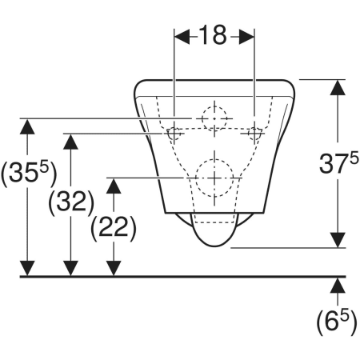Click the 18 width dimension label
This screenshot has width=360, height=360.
click(x=213, y=35)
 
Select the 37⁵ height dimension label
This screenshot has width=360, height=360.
click(x=338, y=163)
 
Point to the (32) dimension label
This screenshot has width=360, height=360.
click(x=71, y=202)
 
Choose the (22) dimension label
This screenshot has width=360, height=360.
click(x=114, y=228)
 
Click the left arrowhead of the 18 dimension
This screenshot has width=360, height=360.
click(x=182, y=37)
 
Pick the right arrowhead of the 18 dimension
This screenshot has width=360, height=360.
click(x=246, y=37)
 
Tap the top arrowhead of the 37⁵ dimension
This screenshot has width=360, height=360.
click(x=338, y=87)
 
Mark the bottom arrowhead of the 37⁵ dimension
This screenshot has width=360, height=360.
click(x=338, y=240)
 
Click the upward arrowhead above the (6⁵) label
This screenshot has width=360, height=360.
click(x=338, y=286)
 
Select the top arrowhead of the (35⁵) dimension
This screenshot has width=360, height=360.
click(x=27, y=126)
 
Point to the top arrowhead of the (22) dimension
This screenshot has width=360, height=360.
click(x=114, y=186)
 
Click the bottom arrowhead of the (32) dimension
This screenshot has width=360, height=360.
click(x=70, y=268)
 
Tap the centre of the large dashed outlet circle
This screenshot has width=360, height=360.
click(x=214, y=178)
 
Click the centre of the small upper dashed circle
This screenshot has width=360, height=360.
click(x=214, y=118)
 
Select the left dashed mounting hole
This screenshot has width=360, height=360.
click(x=174, y=134)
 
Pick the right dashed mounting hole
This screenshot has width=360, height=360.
click(x=254, y=134)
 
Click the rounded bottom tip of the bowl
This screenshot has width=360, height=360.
click(x=214, y=246)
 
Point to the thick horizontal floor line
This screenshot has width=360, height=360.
click(x=183, y=277)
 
